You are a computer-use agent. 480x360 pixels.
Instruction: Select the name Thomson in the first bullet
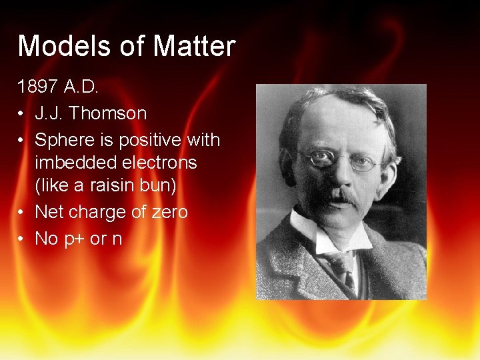[x=109, y=113]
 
